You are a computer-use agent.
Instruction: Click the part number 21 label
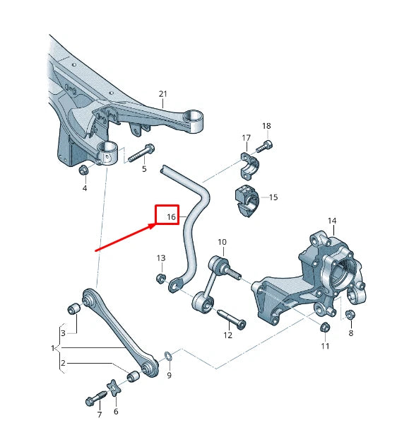163,94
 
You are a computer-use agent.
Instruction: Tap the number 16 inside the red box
170,216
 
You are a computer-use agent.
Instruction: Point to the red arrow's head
158,226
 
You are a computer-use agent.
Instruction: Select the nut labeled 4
84,170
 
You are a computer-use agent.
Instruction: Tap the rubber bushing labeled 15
246,198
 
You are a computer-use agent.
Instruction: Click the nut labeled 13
160,277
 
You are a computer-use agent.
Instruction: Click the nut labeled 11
324,327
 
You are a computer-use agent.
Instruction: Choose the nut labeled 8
349,313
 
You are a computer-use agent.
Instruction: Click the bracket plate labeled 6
115,389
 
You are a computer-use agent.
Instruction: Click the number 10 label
222,242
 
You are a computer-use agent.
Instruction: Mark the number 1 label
52,348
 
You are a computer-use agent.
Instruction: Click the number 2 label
63,364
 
